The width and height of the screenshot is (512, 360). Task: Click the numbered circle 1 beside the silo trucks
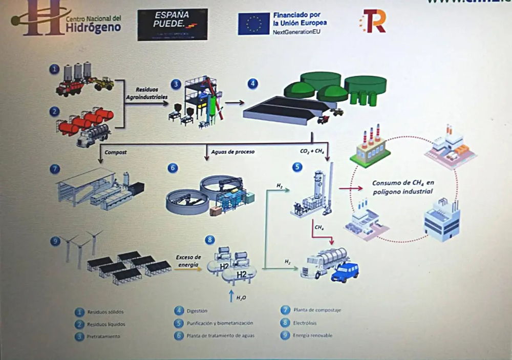coord(54,69)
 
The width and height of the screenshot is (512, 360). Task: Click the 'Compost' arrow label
coord(115,152)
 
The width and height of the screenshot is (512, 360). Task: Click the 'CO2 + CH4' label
coord(311,152)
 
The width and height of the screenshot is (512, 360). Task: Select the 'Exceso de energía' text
coord(188,260)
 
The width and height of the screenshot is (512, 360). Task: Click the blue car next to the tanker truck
coord(345,272)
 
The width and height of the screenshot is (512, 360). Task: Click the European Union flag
coord(253,24)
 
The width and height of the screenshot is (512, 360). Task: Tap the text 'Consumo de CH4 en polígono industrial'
coord(402,187)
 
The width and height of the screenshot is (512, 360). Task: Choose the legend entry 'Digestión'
coord(197,311)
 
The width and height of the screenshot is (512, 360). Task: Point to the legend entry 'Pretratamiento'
coord(104,336)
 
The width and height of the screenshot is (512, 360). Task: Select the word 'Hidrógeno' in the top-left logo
coord(93,28)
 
